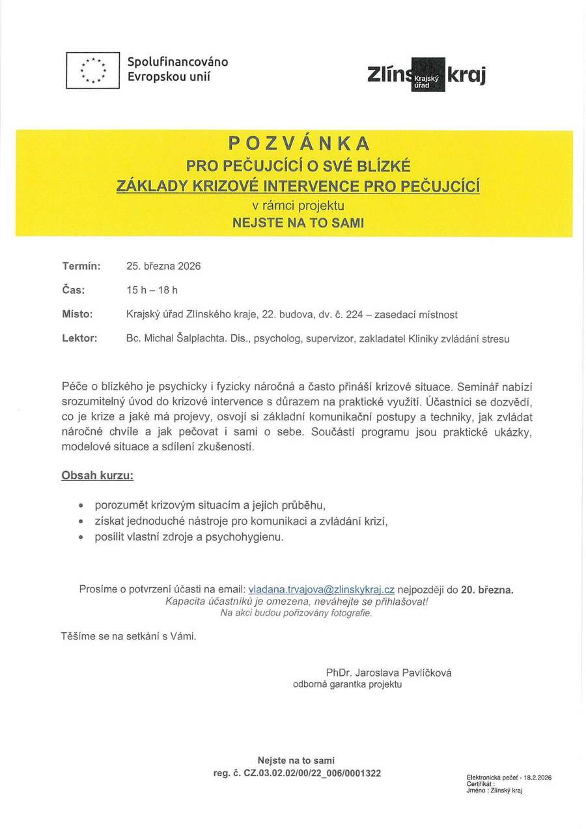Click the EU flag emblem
92,70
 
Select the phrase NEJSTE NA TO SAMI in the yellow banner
299,222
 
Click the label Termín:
81,266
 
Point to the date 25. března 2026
163,266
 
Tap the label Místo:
77,314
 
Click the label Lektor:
79,338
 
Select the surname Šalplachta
195,339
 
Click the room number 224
354,315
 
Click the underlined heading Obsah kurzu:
98,476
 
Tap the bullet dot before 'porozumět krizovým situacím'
81,505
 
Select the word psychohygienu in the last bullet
253,538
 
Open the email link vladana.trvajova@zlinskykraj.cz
322,590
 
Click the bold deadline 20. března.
487,590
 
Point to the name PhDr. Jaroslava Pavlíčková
389,673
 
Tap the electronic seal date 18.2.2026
536,778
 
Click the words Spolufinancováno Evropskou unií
177,70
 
